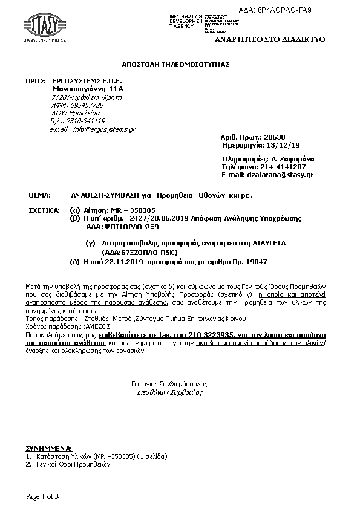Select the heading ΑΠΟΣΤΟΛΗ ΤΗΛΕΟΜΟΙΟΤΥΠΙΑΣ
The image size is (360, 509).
(176, 64)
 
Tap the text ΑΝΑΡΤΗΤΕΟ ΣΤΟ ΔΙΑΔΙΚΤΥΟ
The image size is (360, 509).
(270, 39)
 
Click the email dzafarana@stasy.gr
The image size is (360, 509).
(285, 175)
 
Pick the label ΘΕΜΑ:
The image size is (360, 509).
(40, 196)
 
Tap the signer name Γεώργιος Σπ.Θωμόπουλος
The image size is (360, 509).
(169, 383)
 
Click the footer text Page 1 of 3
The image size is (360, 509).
(42, 496)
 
